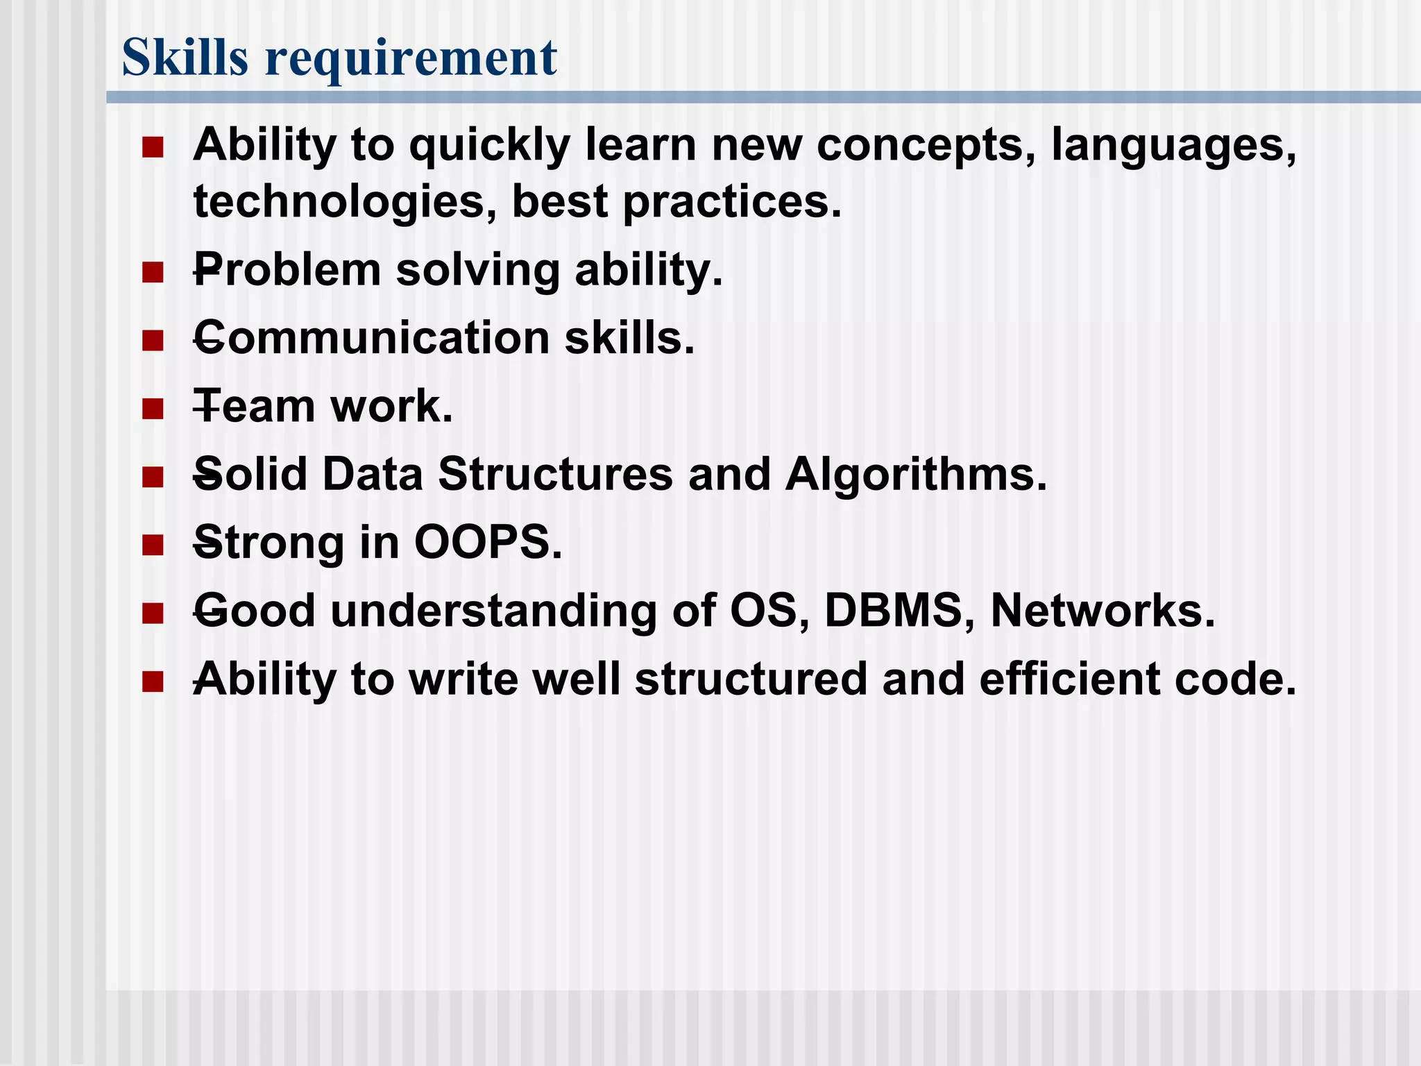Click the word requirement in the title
coord(411,58)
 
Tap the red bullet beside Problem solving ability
coord(152,271)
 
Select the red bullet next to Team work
coord(152,408)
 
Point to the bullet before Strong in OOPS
coord(152,544)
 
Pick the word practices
coord(731,203)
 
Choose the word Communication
coord(372,338)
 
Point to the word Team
coord(254,407)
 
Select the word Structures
coord(555,475)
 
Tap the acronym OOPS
coord(488,543)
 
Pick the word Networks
coord(1103,611)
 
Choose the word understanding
coord(493,612)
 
